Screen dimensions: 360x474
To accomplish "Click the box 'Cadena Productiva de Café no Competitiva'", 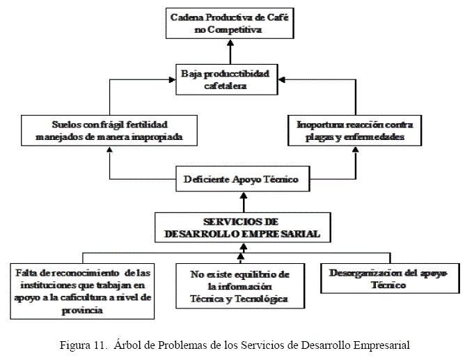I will point(230,24).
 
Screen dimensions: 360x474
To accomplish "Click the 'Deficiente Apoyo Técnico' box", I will point(241,179).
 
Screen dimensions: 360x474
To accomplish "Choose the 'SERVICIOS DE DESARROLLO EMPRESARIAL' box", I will point(242,228).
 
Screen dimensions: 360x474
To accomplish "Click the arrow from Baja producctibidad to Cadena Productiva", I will point(230,52).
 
